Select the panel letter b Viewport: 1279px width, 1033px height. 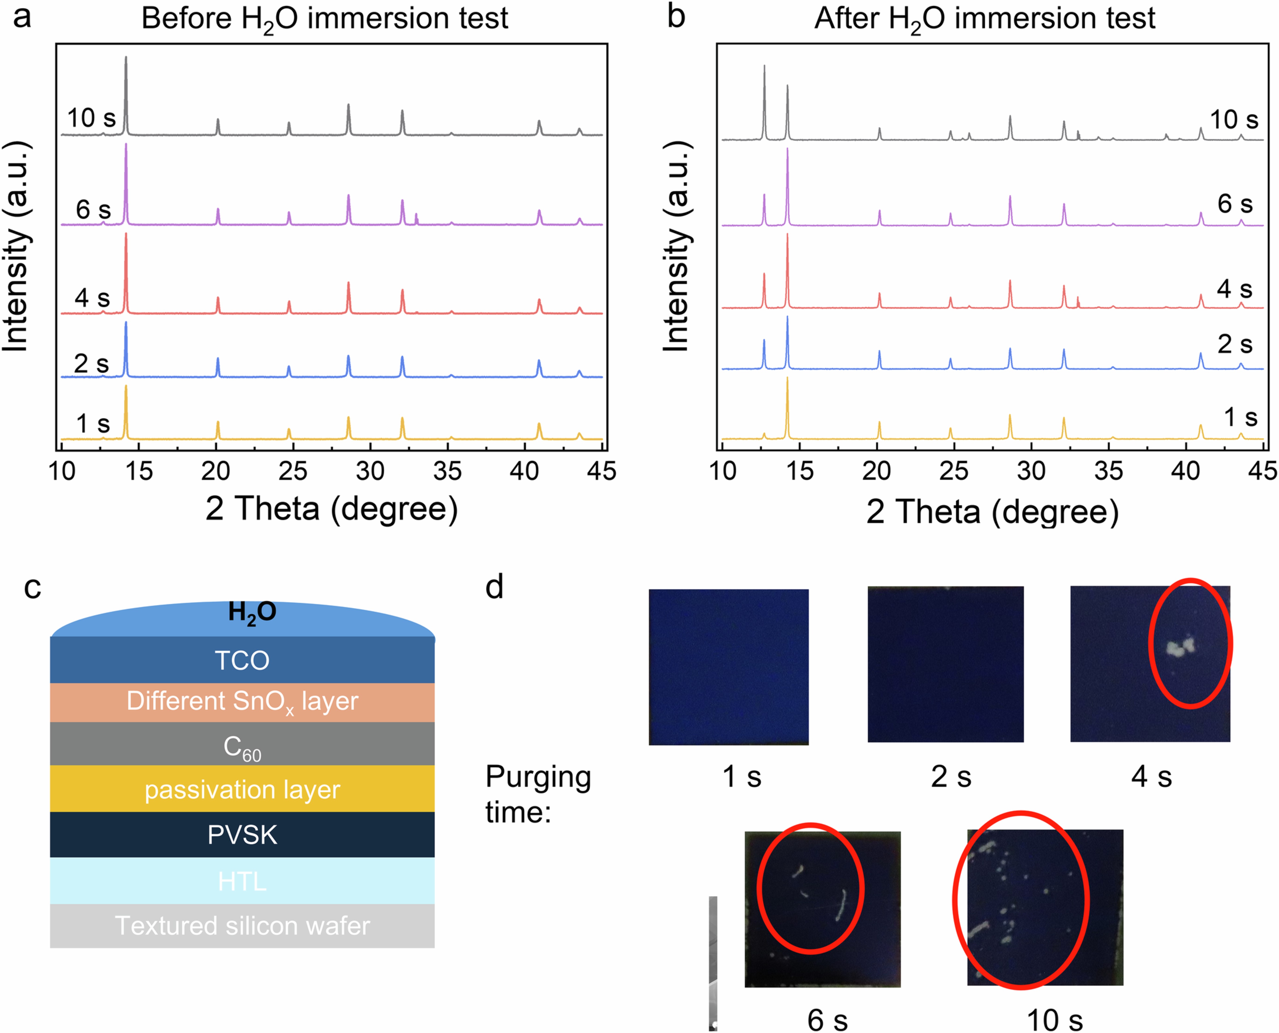point(676,17)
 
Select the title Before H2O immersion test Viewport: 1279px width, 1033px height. point(324,18)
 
